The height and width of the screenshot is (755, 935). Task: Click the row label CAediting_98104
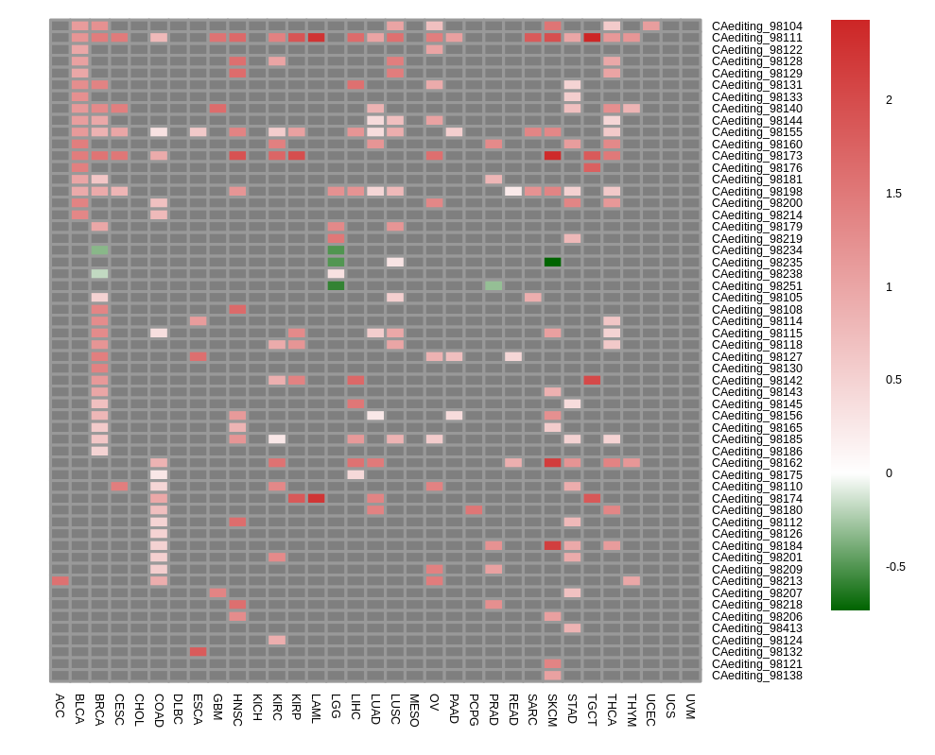pyautogui.click(x=756, y=26)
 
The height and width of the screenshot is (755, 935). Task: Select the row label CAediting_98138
pyautogui.click(x=756, y=676)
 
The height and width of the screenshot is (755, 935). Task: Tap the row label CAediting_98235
pyautogui.click(x=756, y=263)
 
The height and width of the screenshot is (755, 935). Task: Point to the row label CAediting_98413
pyautogui.click(x=756, y=628)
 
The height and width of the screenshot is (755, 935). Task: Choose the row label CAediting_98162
pyautogui.click(x=756, y=463)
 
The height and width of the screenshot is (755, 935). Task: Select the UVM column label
pyautogui.click(x=690, y=706)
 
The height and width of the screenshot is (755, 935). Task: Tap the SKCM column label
pyautogui.click(x=552, y=710)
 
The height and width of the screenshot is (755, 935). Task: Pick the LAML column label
pyautogui.click(x=316, y=709)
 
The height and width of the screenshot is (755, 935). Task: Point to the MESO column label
pyautogui.click(x=414, y=710)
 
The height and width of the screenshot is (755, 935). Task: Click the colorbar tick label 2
pyautogui.click(x=889, y=100)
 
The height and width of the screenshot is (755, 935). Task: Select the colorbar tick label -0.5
pyautogui.click(x=895, y=567)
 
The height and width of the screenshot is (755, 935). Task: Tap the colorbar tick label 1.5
pyautogui.click(x=893, y=194)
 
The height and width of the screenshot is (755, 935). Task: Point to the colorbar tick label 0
pyautogui.click(x=889, y=473)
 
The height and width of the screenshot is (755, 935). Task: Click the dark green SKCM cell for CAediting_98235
pyautogui.click(x=552, y=263)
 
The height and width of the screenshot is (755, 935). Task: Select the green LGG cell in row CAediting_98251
pyautogui.click(x=336, y=285)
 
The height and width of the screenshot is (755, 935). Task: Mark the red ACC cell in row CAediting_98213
pyautogui.click(x=60, y=581)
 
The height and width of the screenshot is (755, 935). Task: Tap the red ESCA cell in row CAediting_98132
pyautogui.click(x=198, y=652)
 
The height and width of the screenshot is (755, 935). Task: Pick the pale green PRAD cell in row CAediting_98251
pyautogui.click(x=493, y=285)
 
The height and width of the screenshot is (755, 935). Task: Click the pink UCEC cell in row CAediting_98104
pyautogui.click(x=651, y=26)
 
